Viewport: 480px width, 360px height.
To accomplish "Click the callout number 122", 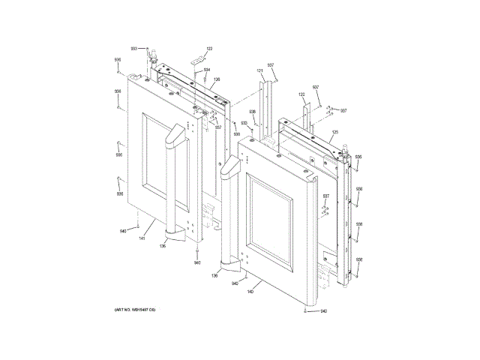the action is point(209,49).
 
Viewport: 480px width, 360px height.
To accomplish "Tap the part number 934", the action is point(206,70).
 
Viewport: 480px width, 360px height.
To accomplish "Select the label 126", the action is point(217,79).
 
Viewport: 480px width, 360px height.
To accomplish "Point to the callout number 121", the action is point(259,71).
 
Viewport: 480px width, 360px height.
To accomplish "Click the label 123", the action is point(301,94).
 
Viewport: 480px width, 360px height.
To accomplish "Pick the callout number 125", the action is point(334,132).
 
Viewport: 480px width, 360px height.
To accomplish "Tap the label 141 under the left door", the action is point(141,238).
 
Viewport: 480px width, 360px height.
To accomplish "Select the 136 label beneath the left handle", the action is point(162,246).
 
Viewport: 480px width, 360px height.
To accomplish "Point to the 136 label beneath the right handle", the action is point(214,276).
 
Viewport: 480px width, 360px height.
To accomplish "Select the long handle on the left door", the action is point(171,180).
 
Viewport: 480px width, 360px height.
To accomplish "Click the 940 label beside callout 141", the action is point(124,231).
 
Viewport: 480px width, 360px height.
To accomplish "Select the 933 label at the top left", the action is point(133,48).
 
